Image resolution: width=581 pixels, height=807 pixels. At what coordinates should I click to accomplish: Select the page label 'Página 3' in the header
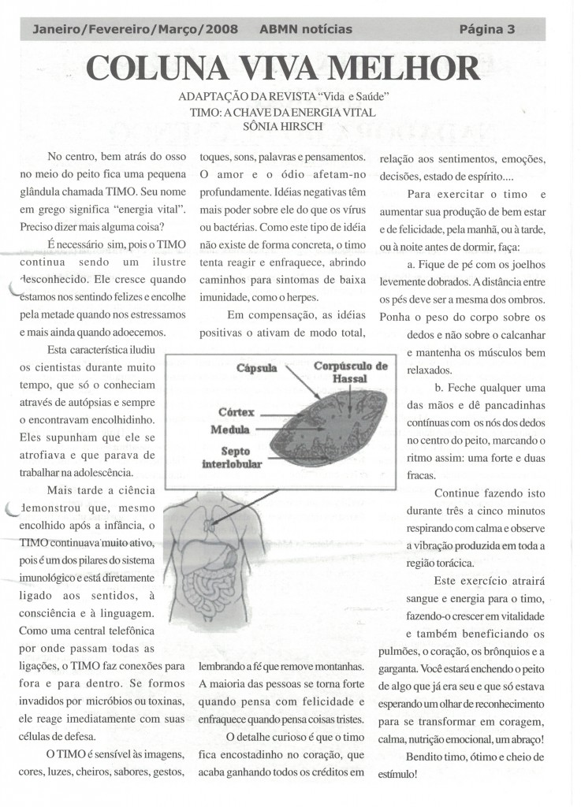pos(486,30)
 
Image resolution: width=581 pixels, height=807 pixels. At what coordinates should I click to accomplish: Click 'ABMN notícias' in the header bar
pos(305,30)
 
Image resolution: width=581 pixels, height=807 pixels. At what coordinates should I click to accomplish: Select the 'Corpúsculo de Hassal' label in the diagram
pos(351,372)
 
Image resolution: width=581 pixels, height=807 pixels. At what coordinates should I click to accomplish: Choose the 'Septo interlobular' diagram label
pos(232,457)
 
